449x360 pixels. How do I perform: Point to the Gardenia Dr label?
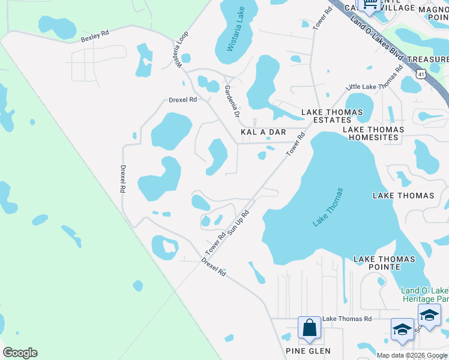pos(232,101)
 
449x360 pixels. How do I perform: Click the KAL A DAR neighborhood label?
pos(263,131)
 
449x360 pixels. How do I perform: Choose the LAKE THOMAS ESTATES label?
pos(332,116)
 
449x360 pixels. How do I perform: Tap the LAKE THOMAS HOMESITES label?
pos(370,133)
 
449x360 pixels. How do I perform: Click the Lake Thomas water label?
pos(328,208)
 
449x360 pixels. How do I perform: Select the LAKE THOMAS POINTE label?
pos(384,263)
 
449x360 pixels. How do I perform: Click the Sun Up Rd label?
pos(238,224)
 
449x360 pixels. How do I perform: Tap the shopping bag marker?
pos(310,328)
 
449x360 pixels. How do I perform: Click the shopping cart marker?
pos(369,5)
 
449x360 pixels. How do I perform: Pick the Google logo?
pos(20,353)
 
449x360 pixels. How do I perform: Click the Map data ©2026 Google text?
pos(412,355)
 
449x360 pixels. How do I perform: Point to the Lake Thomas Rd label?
pos(347,319)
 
